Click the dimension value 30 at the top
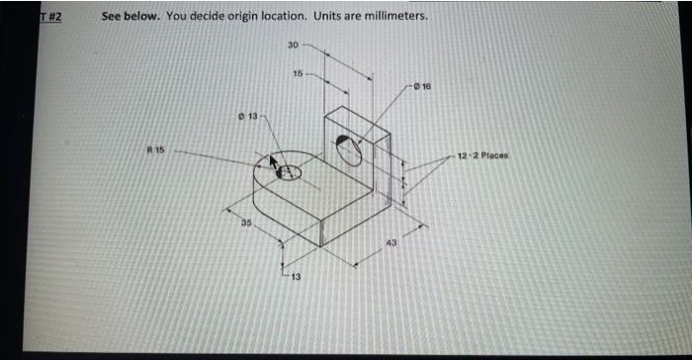[x=293, y=45]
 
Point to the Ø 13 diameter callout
[x=248, y=118]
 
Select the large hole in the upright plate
[x=349, y=148]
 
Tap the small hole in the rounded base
[x=289, y=173]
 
